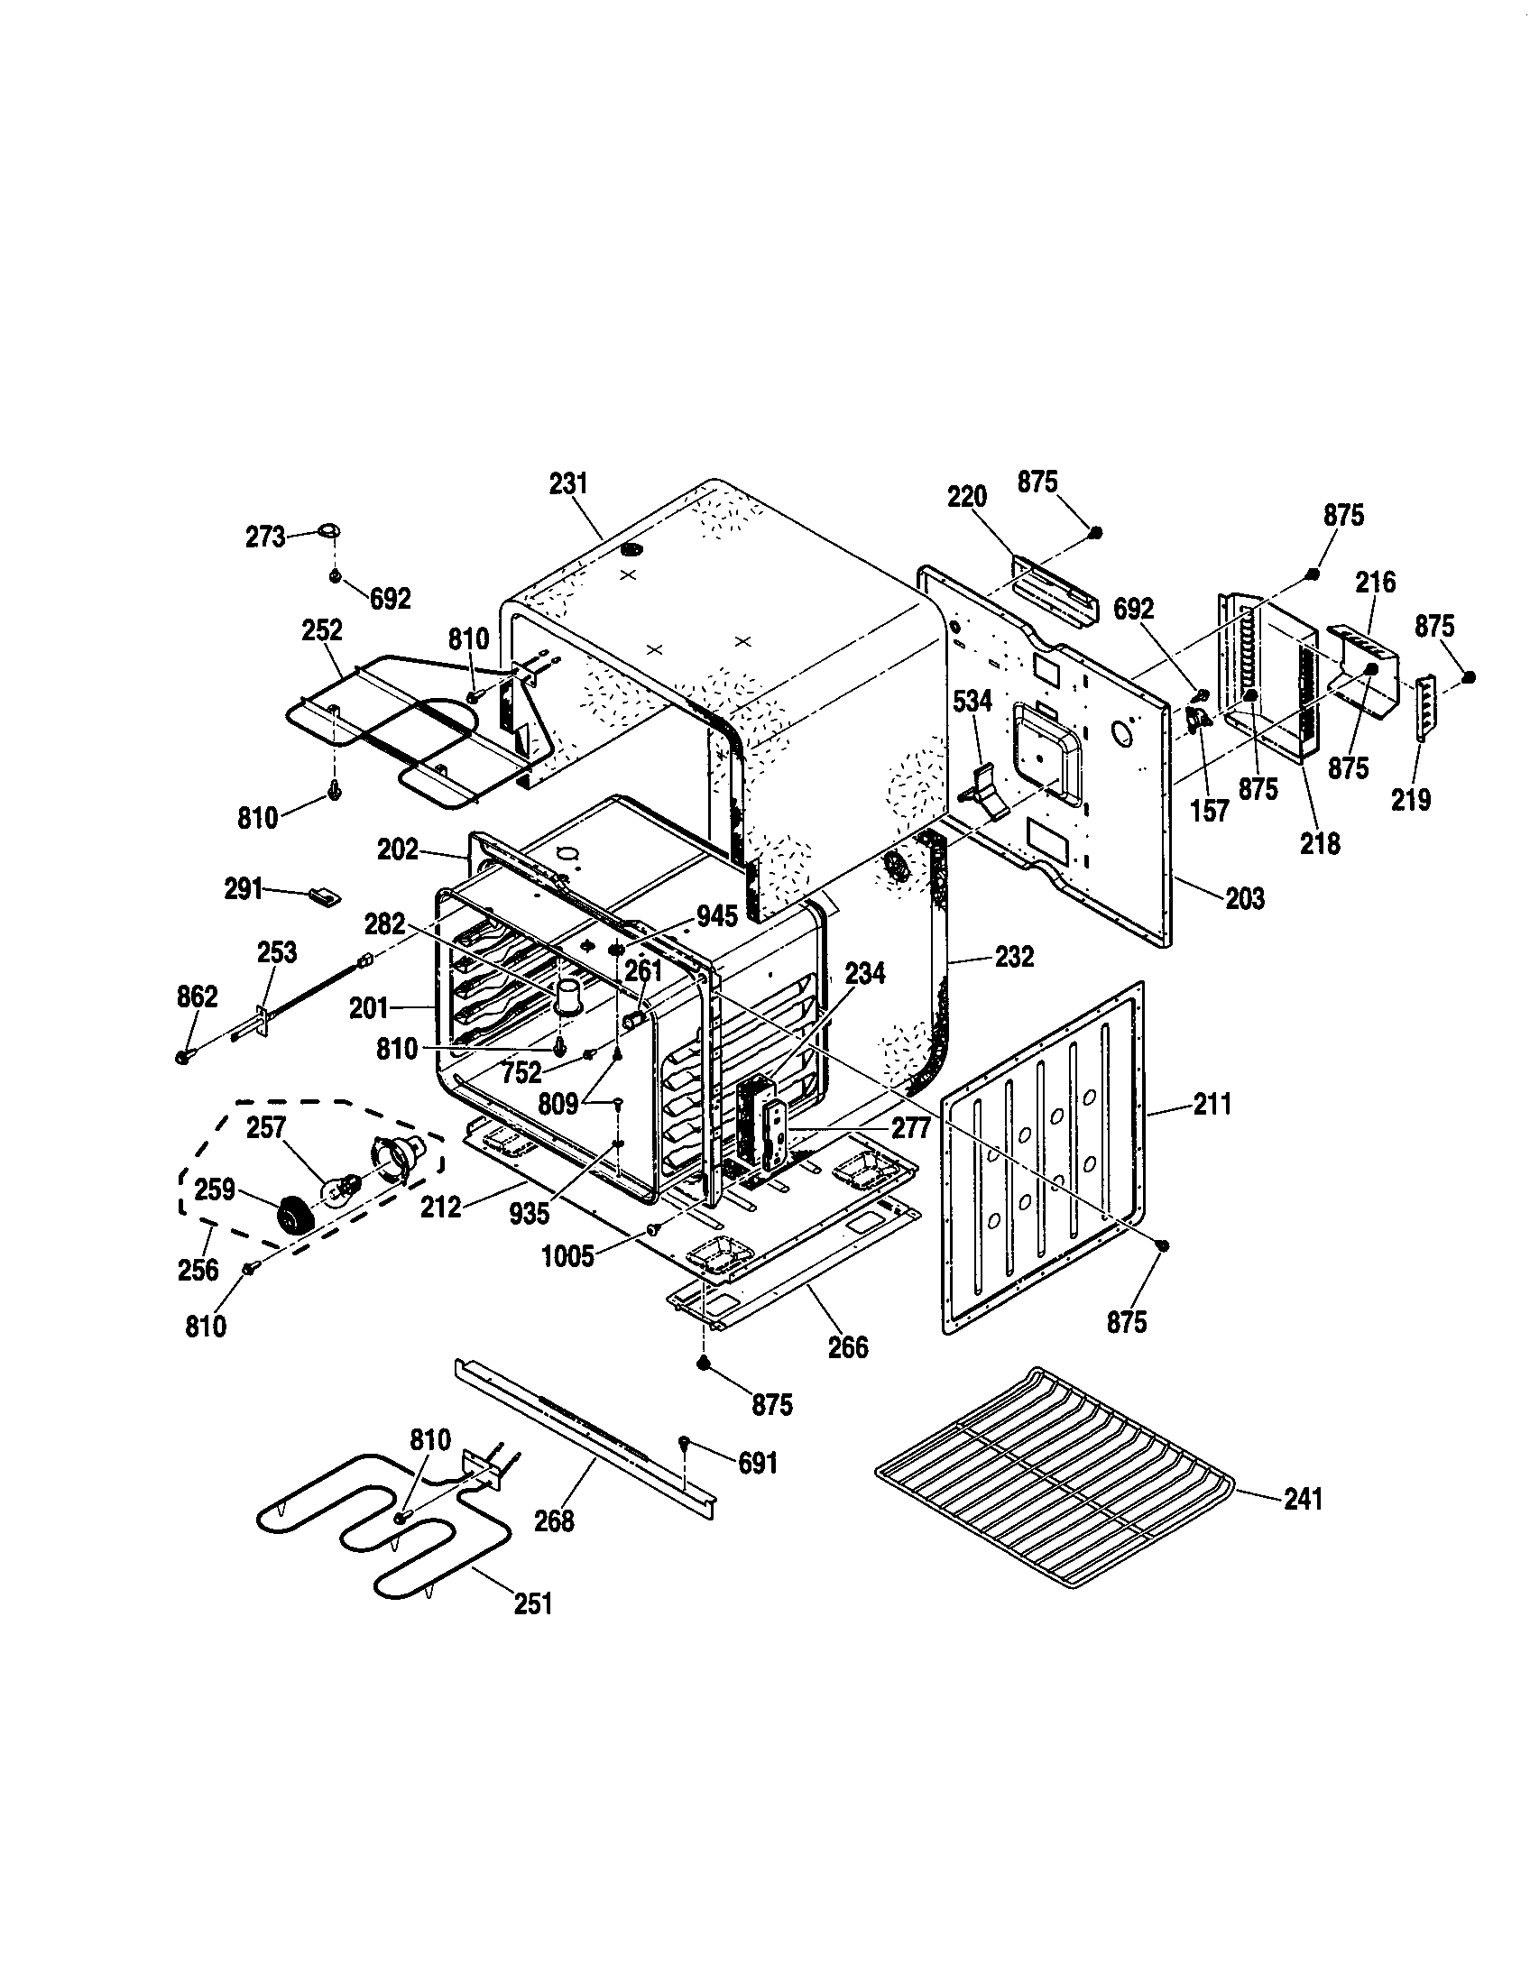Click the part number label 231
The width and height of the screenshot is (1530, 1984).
click(568, 483)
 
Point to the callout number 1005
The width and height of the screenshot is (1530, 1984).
click(567, 1256)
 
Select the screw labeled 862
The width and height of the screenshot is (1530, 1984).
click(185, 1057)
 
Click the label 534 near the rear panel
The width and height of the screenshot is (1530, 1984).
click(972, 701)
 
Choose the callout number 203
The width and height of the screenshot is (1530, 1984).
click(1244, 898)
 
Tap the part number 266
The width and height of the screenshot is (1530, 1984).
click(848, 1346)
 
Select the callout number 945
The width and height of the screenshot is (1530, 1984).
click(718, 916)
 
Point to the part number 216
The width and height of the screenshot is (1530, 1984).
click(1376, 583)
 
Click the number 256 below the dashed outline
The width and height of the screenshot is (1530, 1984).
click(198, 1270)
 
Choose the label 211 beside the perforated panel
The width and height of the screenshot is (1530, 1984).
click(1212, 1105)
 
